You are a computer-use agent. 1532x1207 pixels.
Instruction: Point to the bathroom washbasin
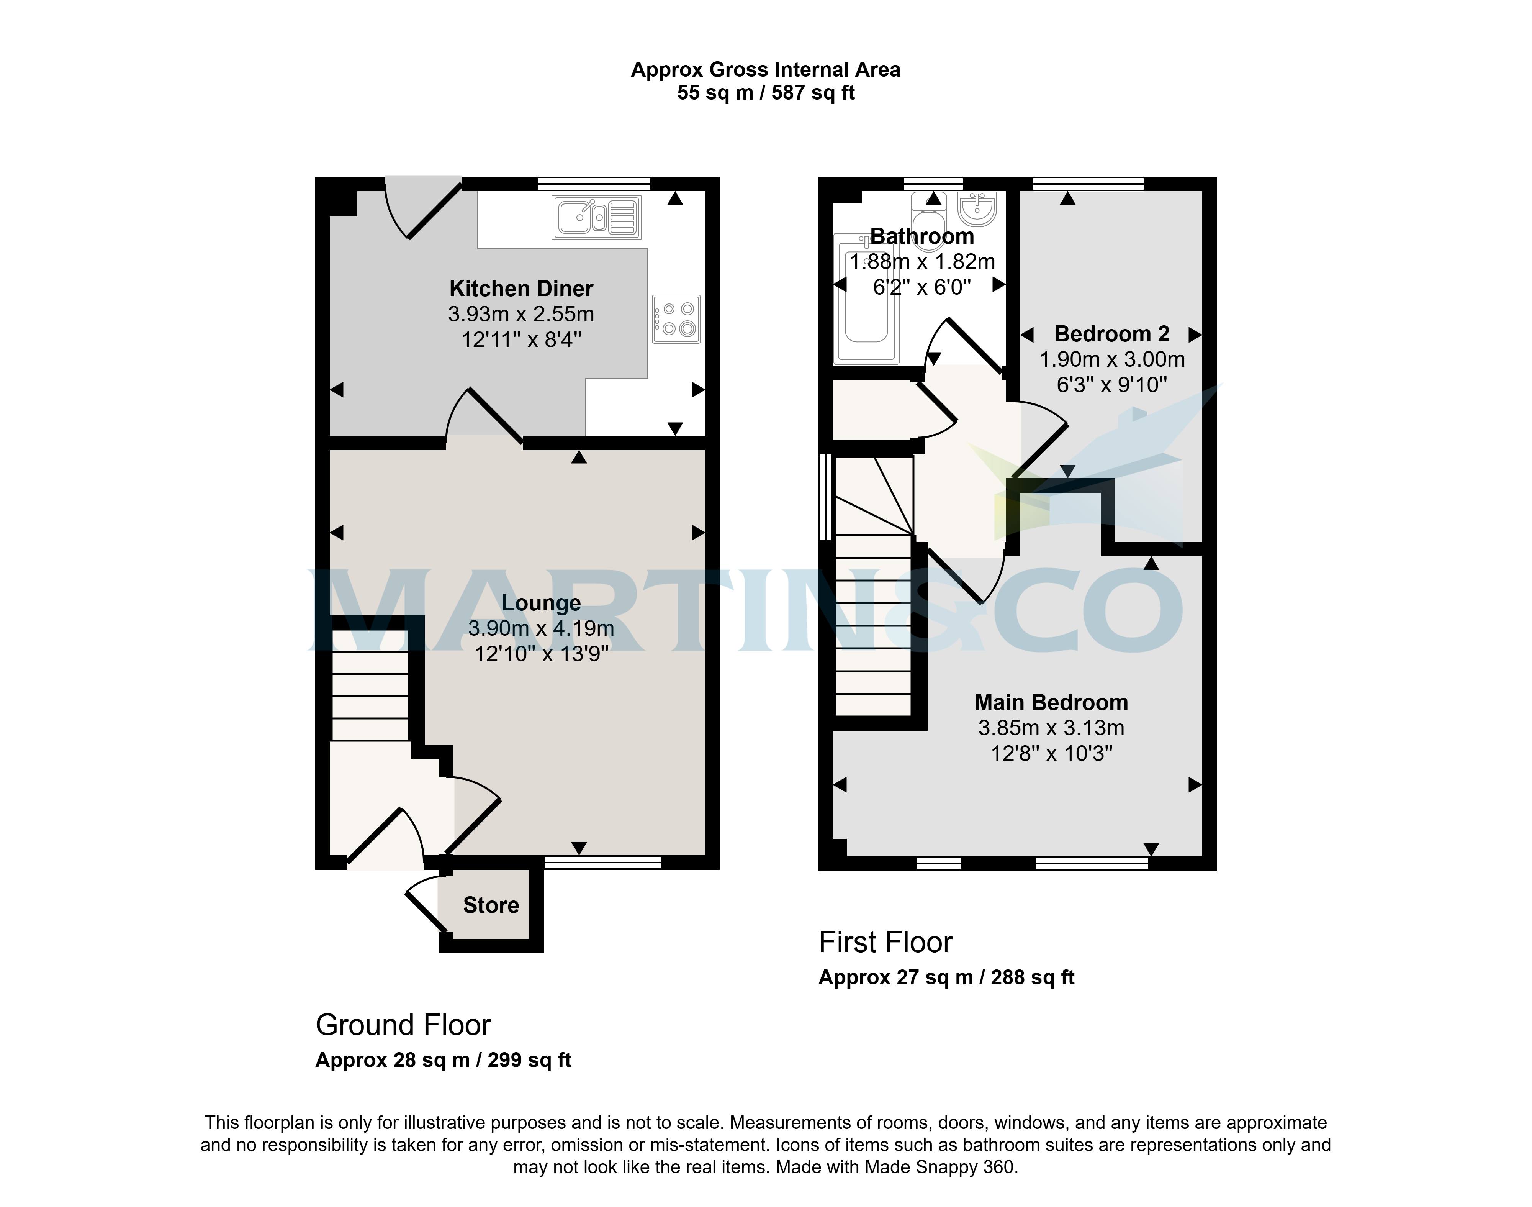[x=977, y=207]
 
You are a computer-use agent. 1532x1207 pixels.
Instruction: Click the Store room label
[x=491, y=905]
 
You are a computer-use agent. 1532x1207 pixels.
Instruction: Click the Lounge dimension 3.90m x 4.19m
[x=541, y=628]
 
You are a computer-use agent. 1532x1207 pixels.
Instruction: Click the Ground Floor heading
[x=403, y=1025]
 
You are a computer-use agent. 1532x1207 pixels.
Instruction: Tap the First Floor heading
[x=886, y=942]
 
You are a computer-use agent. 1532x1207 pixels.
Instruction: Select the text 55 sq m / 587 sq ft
[x=766, y=93]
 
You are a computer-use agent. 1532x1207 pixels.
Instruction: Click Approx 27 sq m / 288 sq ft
[x=946, y=977]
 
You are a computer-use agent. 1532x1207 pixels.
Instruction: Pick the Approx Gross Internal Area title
[x=766, y=69]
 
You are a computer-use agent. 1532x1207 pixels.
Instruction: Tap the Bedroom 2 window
[x=1088, y=184]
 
